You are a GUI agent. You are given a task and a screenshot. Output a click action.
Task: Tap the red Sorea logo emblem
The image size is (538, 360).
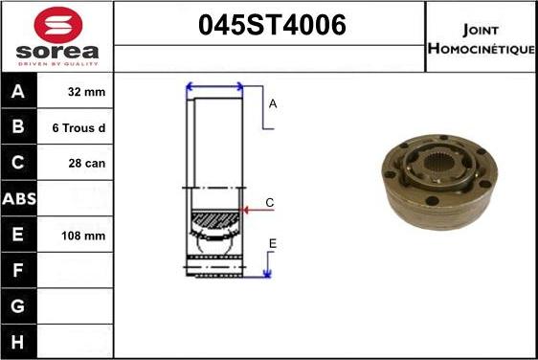click(57, 24)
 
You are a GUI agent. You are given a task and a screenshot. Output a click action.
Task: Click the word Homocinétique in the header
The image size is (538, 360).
click(481, 48)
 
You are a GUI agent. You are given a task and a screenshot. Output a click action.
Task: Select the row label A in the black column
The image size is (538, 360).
click(18, 92)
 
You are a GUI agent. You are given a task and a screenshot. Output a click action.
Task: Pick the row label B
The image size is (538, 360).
click(18, 127)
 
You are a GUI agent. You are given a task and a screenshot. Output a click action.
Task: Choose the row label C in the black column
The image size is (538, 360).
click(18, 163)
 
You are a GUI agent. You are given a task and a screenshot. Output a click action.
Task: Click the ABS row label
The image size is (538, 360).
click(18, 198)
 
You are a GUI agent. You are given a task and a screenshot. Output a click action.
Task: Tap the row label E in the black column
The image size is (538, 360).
click(18, 234)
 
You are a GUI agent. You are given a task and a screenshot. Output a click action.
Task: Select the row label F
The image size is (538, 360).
click(18, 269)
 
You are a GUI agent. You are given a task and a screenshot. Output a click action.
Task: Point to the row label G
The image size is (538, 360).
click(18, 304)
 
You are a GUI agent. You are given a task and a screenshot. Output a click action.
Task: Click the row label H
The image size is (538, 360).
click(18, 340)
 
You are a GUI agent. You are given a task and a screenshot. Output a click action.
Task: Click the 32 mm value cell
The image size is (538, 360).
click(87, 93)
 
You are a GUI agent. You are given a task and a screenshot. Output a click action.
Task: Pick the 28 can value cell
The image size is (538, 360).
click(87, 164)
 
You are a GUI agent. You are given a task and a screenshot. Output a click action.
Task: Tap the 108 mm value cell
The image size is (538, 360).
click(84, 235)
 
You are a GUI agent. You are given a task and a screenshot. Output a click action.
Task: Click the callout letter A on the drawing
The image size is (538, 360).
click(273, 103)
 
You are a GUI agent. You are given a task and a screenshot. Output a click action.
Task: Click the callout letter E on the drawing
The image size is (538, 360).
click(272, 244)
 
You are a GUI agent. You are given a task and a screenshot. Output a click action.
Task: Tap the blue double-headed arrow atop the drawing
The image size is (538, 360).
click(214, 88)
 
